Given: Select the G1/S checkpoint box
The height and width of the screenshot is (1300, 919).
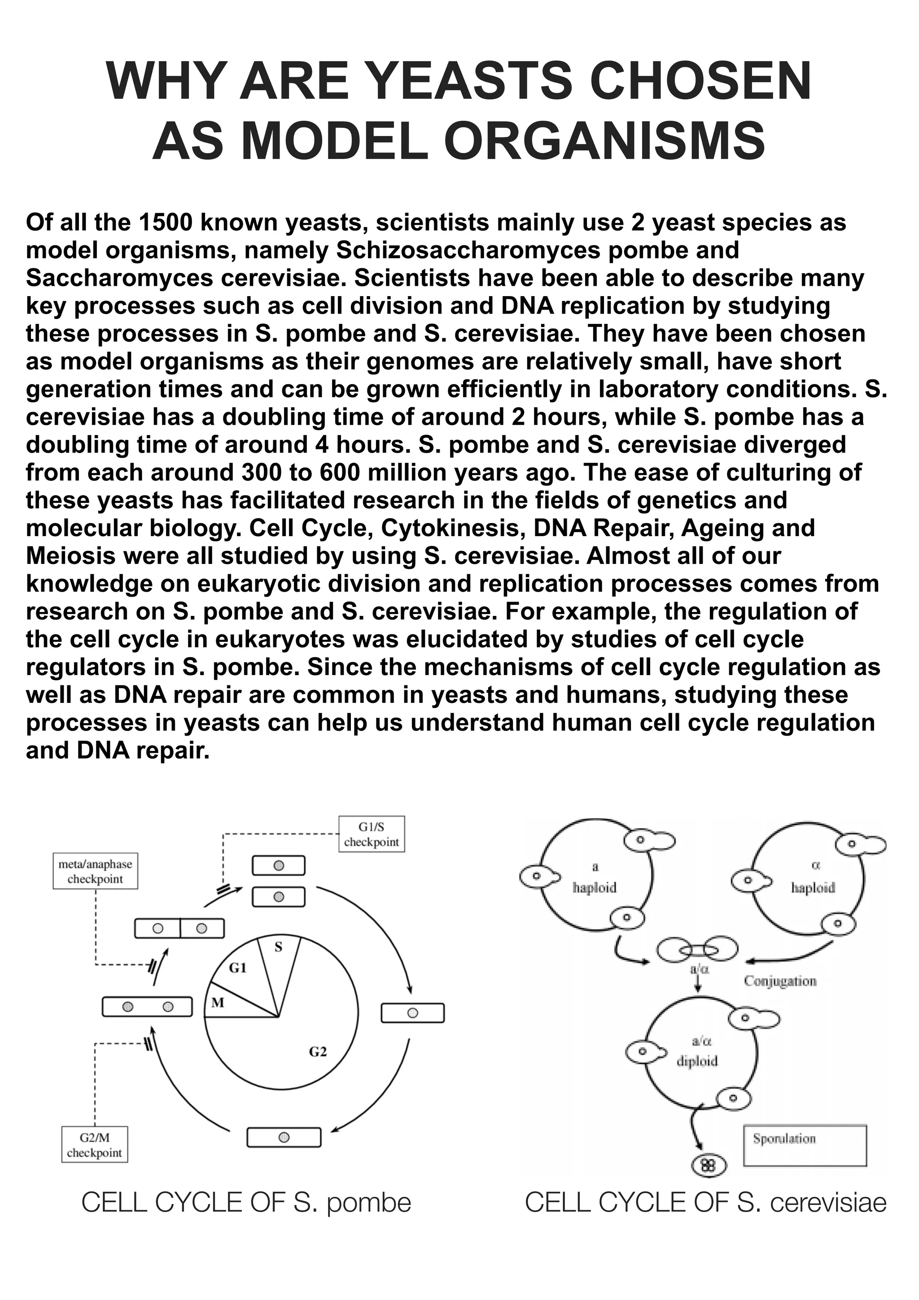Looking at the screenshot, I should point(372,834).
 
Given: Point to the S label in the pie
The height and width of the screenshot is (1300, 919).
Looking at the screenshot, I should point(279,947).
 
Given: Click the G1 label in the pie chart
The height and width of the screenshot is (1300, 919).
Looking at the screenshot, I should point(238,968).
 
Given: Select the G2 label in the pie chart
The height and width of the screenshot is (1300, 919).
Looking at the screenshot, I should point(318,1052).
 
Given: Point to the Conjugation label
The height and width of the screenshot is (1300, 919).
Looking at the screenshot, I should point(780,981).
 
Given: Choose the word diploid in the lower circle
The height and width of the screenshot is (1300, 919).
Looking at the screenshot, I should point(697,1061).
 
